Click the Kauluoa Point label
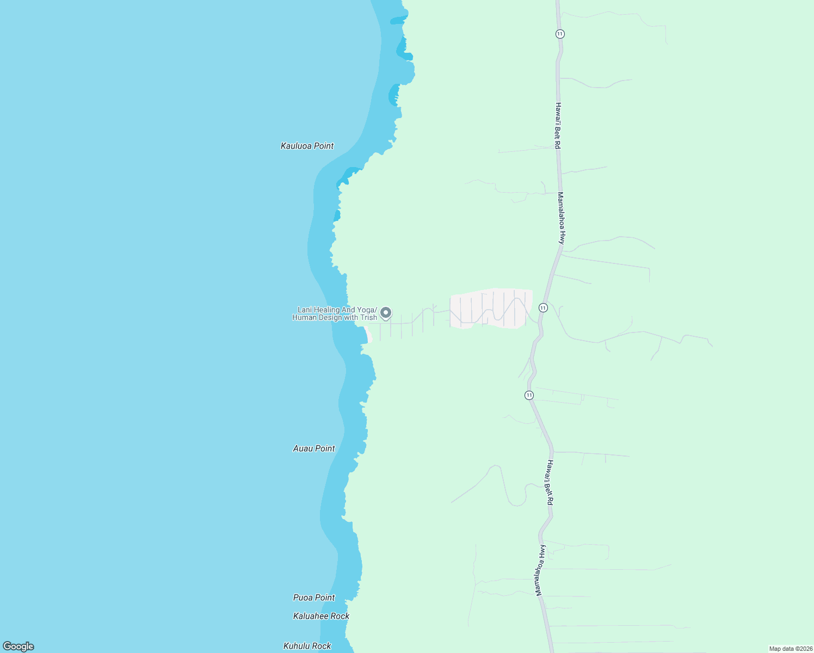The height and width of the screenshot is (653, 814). (307, 146)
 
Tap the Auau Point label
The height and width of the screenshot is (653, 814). (314, 448)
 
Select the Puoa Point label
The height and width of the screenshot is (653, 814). (314, 597)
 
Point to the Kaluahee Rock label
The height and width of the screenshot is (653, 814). (321, 616)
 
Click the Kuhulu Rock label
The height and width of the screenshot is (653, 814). (307, 646)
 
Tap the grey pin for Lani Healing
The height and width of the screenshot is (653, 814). (386, 313)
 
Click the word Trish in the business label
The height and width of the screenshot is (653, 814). (368, 318)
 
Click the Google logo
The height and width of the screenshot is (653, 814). (18, 646)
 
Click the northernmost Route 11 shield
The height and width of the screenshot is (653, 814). (560, 34)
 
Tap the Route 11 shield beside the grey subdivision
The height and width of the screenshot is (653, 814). (543, 308)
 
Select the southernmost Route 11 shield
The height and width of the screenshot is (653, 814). (529, 395)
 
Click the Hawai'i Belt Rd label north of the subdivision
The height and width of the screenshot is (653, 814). (558, 126)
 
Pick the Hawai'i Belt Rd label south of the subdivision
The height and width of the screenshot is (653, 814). (550, 483)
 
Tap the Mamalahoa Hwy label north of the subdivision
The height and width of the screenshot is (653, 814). (562, 218)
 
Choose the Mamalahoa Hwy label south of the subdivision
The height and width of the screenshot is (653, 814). (540, 570)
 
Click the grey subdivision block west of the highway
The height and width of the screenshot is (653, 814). (490, 308)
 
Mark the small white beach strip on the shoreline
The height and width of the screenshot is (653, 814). (368, 334)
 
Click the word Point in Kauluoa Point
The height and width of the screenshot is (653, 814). (323, 146)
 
